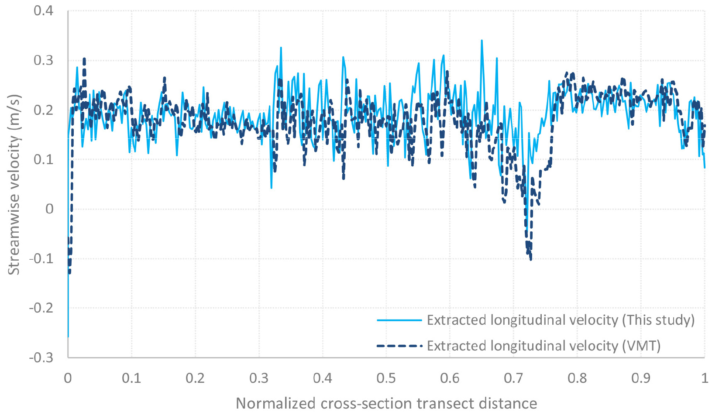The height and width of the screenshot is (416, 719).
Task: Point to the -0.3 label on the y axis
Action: [x=41, y=358]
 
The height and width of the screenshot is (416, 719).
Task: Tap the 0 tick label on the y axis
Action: [x=49, y=209]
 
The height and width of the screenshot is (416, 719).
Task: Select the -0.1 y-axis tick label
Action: [x=41, y=258]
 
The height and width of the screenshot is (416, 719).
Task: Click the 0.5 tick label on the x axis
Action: [x=386, y=378]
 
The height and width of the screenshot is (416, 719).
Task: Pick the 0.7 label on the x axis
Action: [x=514, y=378]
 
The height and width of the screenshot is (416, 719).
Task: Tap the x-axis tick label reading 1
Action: [x=705, y=378]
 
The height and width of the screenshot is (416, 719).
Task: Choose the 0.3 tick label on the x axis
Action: [x=259, y=378]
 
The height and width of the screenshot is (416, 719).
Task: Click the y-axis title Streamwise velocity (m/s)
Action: [x=14, y=184]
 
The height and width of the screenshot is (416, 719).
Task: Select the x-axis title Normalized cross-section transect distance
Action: [x=386, y=403]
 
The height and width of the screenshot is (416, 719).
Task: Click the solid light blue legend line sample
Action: [x=399, y=320]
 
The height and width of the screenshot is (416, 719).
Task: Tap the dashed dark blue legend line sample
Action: [x=399, y=346]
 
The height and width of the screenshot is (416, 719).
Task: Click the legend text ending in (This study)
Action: [x=561, y=320]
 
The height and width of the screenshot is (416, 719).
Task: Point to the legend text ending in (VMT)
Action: [x=544, y=346]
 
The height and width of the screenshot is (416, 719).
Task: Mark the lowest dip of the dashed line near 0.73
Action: [x=531, y=260]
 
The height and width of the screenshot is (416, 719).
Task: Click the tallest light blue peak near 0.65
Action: [x=482, y=41]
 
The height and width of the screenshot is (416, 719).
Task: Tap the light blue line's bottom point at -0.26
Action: [x=68, y=337]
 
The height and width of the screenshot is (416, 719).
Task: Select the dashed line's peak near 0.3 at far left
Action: [x=84, y=58]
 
